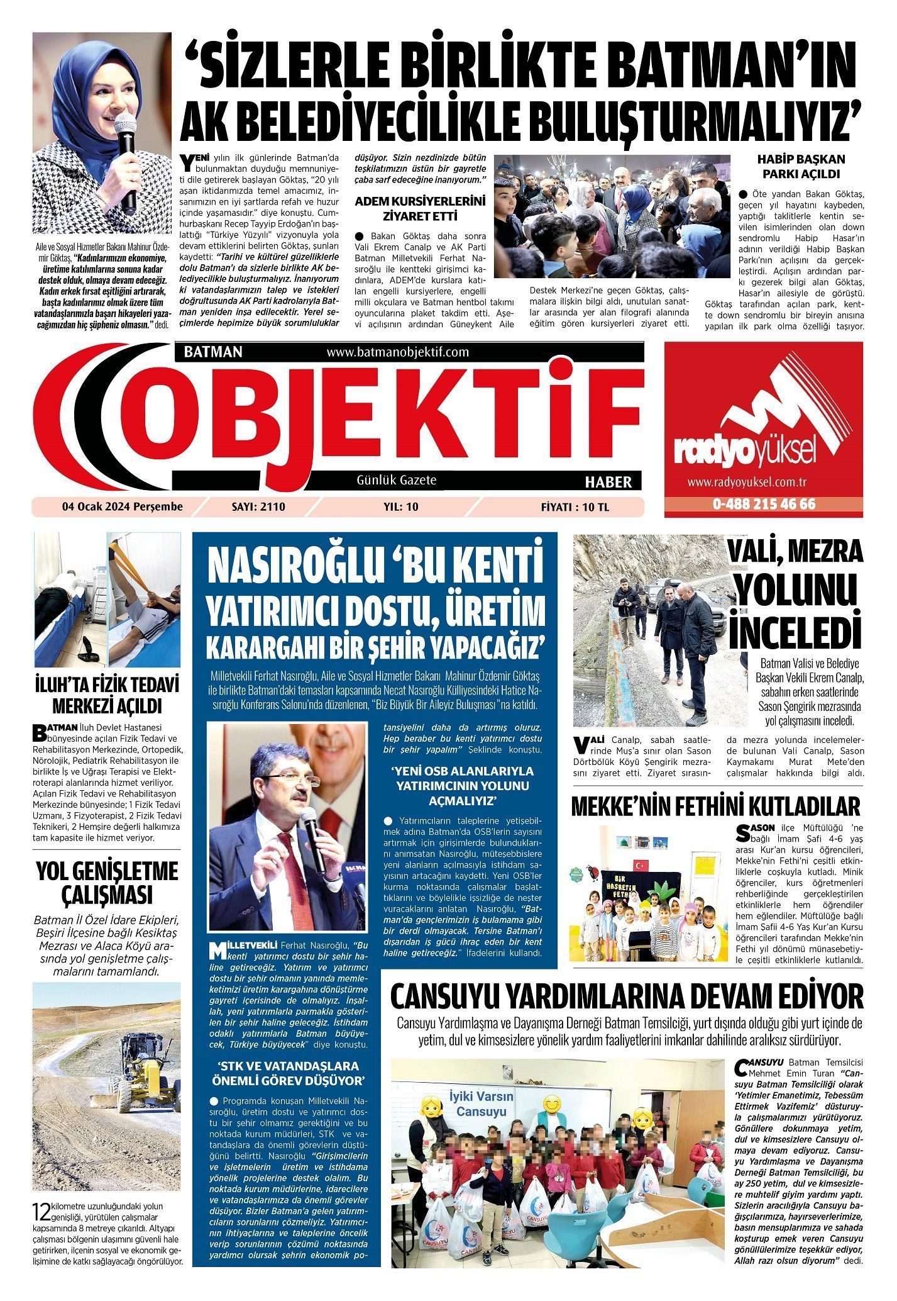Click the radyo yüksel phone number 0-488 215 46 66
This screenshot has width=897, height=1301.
pyautogui.click(x=764, y=505)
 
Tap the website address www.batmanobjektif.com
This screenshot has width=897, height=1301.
pyautogui.click(x=398, y=352)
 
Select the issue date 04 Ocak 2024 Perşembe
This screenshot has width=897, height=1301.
pyautogui.click(x=122, y=506)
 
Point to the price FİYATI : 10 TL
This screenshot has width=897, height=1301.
pyautogui.click(x=575, y=507)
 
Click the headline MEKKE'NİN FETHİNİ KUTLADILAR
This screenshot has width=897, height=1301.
pyautogui.click(x=715, y=806)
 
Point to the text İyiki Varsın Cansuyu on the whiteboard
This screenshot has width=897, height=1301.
pyautogui.click(x=481, y=1104)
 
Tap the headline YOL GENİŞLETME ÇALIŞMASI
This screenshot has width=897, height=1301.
pyautogui.click(x=107, y=883)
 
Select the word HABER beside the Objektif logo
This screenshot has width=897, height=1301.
pyautogui.click(x=608, y=483)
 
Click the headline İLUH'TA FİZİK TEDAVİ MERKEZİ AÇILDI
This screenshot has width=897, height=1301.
pyautogui.click(x=107, y=693)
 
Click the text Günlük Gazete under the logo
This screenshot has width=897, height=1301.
pyautogui.click(x=396, y=480)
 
